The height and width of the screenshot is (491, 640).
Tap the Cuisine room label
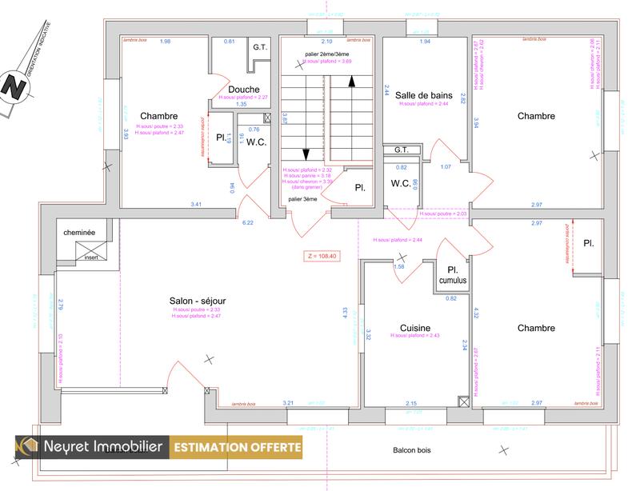pyautogui.click(x=415, y=328)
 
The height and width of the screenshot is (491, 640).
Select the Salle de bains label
pyautogui.click(x=424, y=95)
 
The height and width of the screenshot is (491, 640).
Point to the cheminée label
pyautogui.click(x=80, y=233)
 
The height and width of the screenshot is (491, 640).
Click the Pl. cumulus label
pyautogui.click(x=453, y=274)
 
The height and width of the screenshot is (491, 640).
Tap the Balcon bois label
pyautogui.click(x=412, y=450)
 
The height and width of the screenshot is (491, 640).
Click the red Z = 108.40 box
pyautogui.click(x=322, y=257)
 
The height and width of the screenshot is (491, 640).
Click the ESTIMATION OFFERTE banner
pyautogui.click(x=238, y=447)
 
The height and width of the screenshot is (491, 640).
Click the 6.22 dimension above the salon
pyautogui.click(x=247, y=223)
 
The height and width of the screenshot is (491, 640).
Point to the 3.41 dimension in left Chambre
pyautogui.click(x=196, y=206)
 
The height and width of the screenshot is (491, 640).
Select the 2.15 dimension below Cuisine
pyautogui.click(x=411, y=403)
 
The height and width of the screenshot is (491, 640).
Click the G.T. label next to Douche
pyautogui.click(x=260, y=47)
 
